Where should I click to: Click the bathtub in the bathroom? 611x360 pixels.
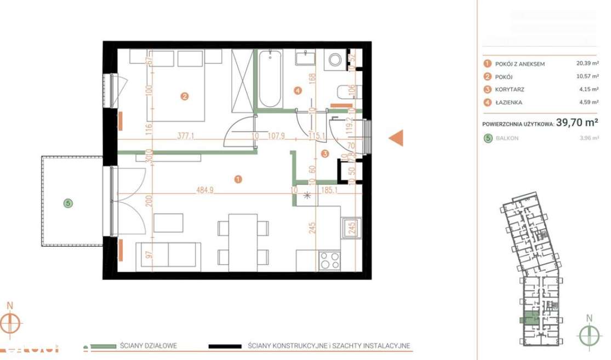(270, 79)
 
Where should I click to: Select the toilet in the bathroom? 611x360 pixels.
(344, 92)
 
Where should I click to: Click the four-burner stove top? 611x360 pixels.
(329, 260)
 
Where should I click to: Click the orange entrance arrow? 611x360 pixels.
(396, 139)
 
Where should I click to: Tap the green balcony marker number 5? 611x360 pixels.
(68, 203)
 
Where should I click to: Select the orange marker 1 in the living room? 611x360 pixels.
(238, 179)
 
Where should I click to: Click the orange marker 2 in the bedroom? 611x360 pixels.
(185, 96)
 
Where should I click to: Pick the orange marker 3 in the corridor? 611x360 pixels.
(325, 154)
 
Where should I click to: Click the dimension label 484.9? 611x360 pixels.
(205, 191)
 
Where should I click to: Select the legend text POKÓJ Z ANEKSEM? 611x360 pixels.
(519, 64)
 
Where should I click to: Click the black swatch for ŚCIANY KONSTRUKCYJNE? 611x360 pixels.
(225, 346)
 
